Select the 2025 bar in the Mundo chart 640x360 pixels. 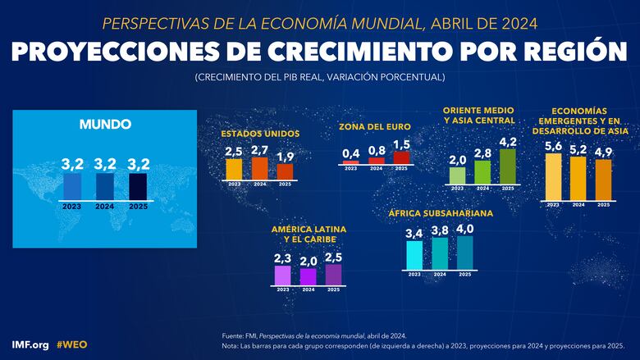click(137, 186)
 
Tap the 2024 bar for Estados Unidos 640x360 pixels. click(259, 168)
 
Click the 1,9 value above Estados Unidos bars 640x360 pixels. click(285, 156)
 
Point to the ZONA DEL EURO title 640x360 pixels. click(375, 127)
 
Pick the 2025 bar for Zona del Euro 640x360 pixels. click(401, 157)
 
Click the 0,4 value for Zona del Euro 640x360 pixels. click(350, 153)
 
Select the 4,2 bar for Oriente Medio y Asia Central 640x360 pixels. click(508, 166)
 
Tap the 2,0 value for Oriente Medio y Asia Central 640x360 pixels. click(458, 159)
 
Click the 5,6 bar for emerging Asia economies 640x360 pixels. click(553, 177)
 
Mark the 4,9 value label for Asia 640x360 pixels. click(603, 152)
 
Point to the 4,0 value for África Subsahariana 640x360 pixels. click(464, 228)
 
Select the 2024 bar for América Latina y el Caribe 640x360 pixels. click(309, 276)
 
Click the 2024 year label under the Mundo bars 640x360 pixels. click(105, 207)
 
